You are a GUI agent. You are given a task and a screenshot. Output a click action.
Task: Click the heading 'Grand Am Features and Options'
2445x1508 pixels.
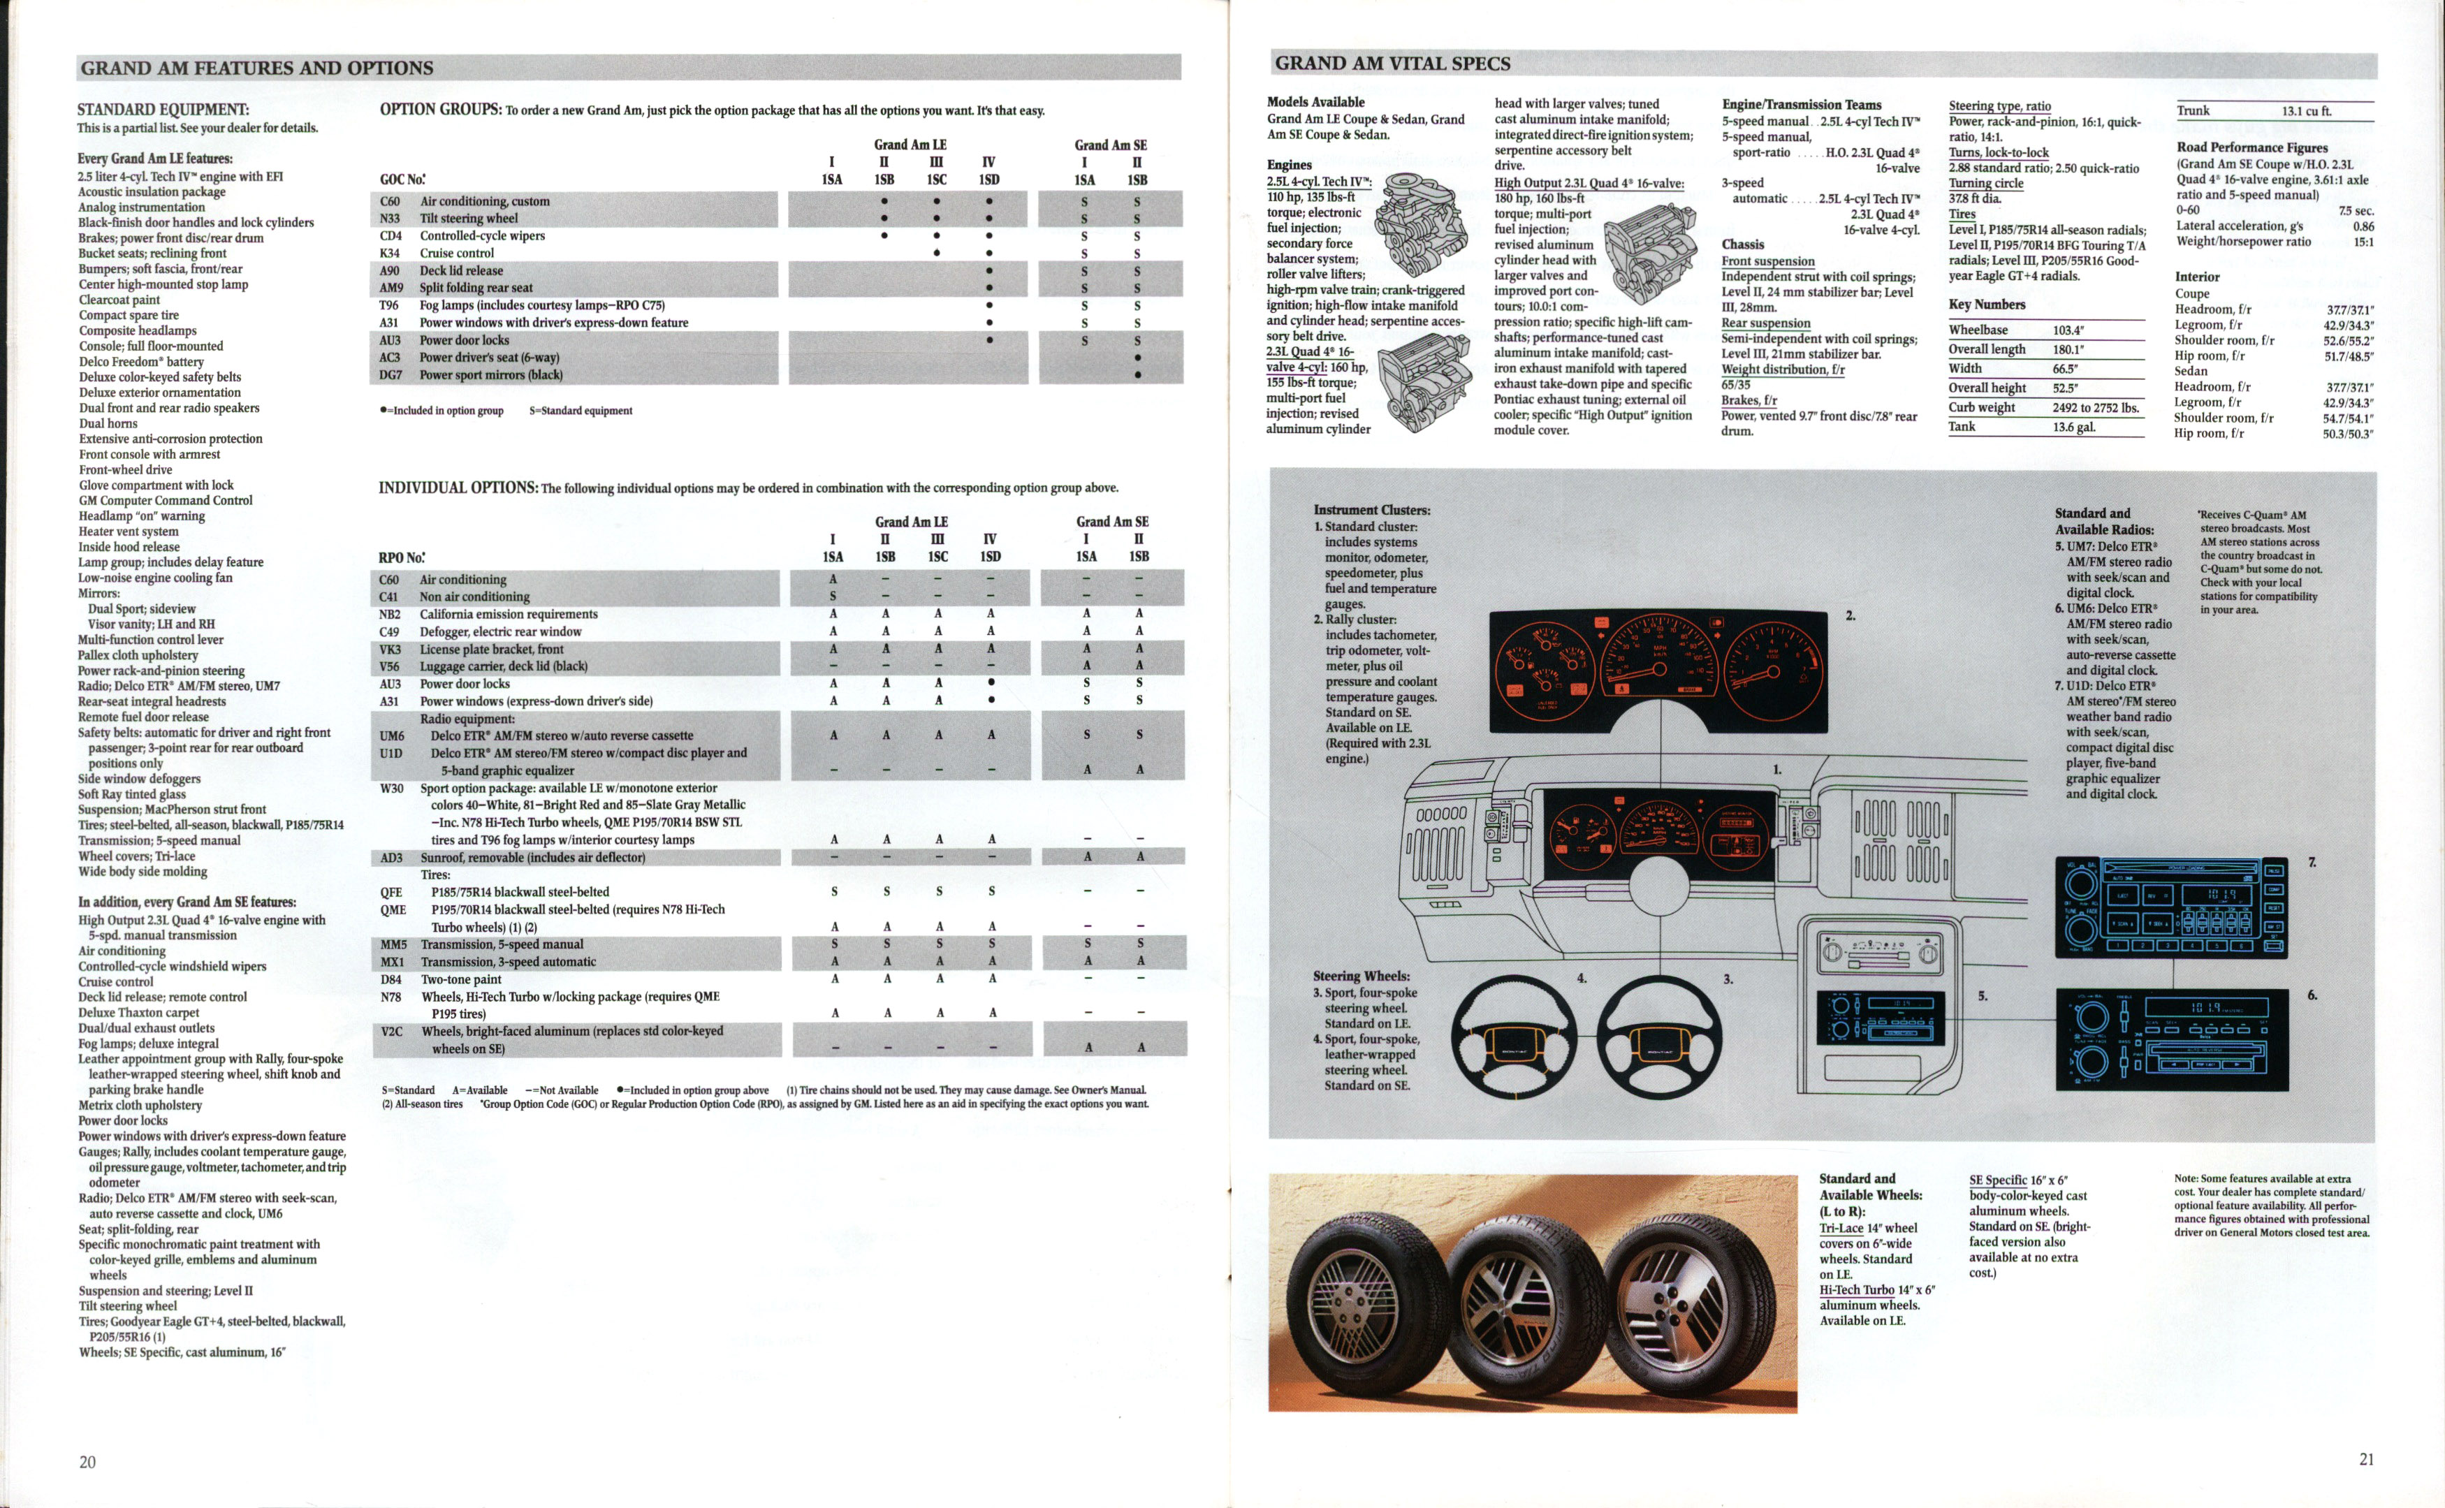[256, 68]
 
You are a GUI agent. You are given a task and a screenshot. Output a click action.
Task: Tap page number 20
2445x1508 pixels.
[88, 1462]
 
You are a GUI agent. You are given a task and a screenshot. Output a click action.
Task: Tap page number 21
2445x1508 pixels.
[2366, 1459]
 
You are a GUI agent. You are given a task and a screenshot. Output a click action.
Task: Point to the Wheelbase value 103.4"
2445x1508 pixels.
[2068, 330]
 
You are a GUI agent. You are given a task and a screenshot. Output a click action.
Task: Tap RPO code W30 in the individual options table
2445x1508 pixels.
[391, 788]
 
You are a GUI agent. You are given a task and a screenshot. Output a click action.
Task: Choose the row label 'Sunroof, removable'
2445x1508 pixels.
[532, 858]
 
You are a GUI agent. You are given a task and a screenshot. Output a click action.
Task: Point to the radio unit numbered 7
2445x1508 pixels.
[2170, 907]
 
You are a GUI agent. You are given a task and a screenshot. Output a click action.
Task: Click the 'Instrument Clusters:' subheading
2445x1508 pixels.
[1371, 510]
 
